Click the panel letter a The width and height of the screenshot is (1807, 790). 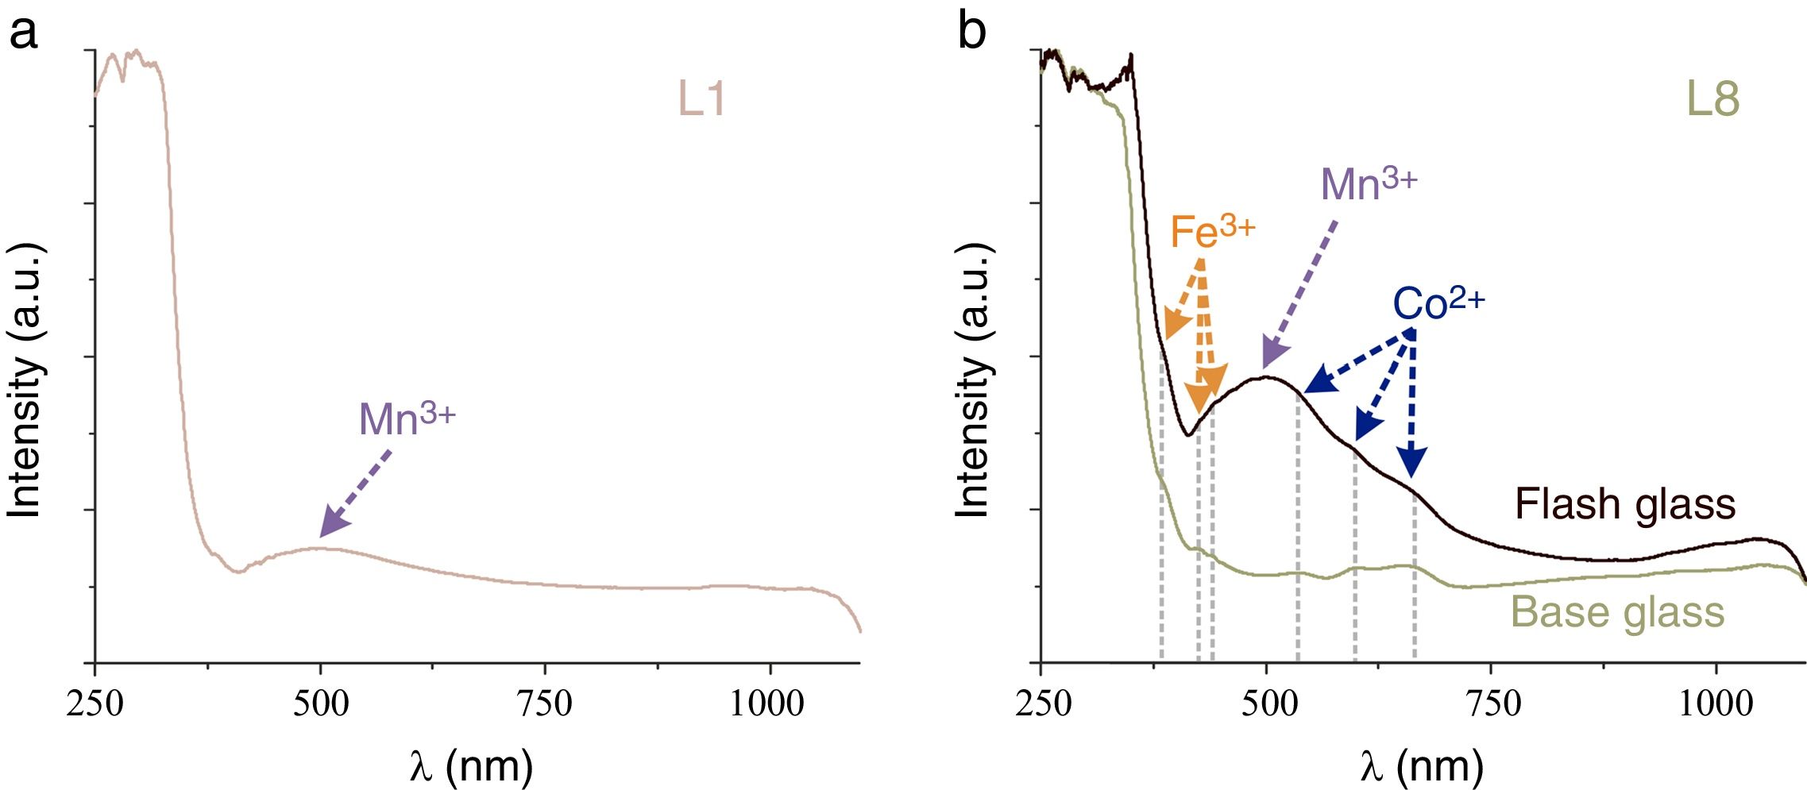tap(23, 33)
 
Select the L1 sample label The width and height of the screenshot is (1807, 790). tap(701, 100)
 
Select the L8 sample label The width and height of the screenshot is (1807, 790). tap(1712, 100)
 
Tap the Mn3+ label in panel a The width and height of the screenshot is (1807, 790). tap(407, 418)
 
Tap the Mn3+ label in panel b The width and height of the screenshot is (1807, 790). tap(1368, 183)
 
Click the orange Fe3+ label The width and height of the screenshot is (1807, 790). tap(1212, 232)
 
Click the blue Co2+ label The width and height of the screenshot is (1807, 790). tap(1438, 303)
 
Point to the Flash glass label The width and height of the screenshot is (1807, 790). tap(1625, 504)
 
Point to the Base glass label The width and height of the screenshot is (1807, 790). tap(1617, 612)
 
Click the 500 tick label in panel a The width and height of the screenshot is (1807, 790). tap(320, 703)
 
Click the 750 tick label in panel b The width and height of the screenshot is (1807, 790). tap(1492, 703)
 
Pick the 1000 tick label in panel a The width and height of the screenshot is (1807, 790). tap(767, 703)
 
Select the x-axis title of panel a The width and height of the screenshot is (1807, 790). tap(472, 766)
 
